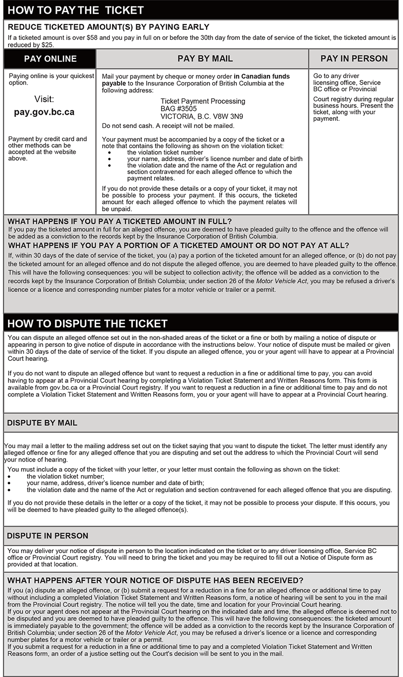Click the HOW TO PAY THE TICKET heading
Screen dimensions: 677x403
point(76,10)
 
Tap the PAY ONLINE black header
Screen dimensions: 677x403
point(50,59)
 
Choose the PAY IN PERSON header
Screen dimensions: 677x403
point(354,59)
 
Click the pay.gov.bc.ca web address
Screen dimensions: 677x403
point(44,112)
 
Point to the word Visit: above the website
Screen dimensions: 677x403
point(44,99)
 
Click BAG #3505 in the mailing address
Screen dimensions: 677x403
point(179,108)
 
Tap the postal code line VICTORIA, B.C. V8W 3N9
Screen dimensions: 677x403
point(201,116)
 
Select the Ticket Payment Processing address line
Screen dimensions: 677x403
point(203,101)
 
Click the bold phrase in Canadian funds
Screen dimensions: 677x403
point(262,77)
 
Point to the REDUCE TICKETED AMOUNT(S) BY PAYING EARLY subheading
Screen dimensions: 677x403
point(108,27)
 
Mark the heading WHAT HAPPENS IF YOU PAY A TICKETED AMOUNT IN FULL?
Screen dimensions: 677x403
point(120,221)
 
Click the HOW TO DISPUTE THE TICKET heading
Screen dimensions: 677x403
point(87,323)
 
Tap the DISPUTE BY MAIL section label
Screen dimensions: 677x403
point(42,423)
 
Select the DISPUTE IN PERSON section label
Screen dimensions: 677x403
point(48,536)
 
